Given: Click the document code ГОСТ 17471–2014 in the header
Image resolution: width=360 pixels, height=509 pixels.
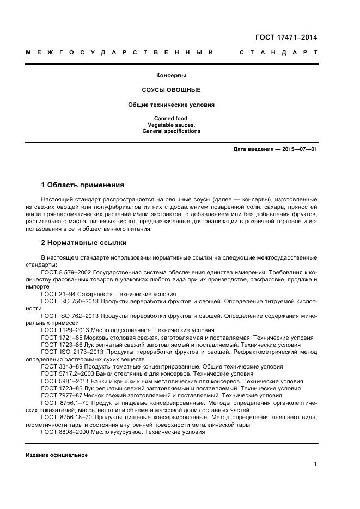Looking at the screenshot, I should (x=286, y=38).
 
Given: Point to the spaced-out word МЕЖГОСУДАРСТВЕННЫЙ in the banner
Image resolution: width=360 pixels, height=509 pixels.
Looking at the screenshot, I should (x=119, y=53).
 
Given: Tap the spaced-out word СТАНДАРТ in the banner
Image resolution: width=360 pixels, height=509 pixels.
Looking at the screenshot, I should (x=278, y=53).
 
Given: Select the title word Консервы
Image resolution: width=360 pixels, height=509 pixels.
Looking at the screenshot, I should (x=172, y=76).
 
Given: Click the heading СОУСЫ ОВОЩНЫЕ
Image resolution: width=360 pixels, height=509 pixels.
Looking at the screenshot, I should (x=172, y=89).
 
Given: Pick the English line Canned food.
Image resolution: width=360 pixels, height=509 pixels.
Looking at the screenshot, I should (x=172, y=118).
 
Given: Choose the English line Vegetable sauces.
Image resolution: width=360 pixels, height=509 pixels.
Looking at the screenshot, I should (x=172, y=125).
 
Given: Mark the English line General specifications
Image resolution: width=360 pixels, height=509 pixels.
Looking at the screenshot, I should (x=172, y=131).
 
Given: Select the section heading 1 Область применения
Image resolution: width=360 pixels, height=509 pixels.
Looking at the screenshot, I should (x=83, y=185).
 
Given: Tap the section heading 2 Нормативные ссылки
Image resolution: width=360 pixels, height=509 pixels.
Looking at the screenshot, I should (x=84, y=243).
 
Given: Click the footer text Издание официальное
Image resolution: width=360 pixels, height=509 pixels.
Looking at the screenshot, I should (x=57, y=455).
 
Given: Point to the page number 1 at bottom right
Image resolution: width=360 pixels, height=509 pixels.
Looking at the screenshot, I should (x=315, y=464).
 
